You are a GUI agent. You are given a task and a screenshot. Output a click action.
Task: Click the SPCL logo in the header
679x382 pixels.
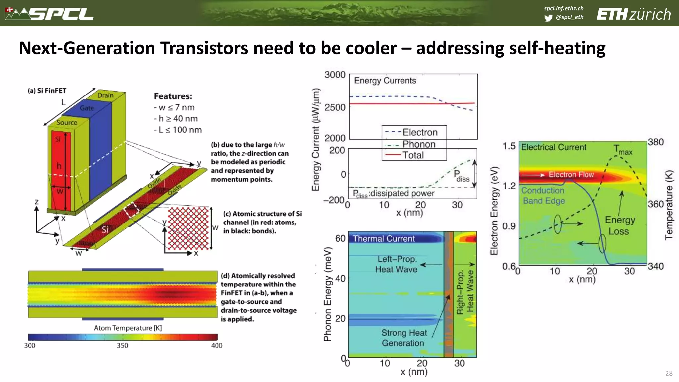(50, 14)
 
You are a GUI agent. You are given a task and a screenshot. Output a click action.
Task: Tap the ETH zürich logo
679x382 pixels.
(634, 14)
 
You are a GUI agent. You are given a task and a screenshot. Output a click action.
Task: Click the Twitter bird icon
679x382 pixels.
(548, 18)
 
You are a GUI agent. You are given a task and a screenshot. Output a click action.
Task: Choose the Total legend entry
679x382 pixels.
(413, 155)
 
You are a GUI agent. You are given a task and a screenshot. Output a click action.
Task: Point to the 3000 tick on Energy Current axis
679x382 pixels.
(335, 75)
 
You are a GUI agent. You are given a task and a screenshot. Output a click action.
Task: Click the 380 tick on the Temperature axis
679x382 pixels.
(656, 142)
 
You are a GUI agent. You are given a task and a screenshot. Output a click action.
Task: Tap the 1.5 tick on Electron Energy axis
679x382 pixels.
(509, 146)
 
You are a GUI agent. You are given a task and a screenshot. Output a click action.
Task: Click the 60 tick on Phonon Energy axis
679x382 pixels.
(340, 238)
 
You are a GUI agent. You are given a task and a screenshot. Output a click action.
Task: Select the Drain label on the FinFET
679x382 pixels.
(105, 95)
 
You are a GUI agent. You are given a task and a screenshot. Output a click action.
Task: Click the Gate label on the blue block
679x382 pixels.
(87, 108)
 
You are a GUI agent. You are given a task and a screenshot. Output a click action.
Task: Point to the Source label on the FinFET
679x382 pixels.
(67, 122)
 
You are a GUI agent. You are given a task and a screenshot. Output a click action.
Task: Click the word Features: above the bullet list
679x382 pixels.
(173, 96)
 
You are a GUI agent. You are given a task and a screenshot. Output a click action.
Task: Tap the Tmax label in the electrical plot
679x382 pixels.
(622, 150)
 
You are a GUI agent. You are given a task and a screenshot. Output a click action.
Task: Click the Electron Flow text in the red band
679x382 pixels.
(571, 174)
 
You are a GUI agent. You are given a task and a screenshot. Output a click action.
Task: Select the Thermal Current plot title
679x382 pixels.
(384, 239)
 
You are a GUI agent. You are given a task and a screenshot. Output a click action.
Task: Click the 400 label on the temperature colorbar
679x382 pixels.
(217, 345)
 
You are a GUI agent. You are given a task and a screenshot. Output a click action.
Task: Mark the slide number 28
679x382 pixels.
(669, 373)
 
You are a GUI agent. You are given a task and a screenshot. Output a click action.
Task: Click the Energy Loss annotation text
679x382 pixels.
(619, 225)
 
